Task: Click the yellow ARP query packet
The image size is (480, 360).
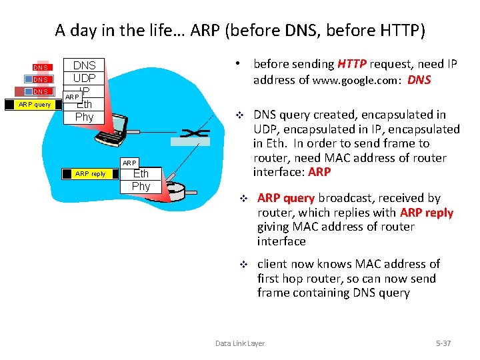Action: (x=34, y=105)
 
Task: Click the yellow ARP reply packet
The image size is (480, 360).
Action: (x=90, y=174)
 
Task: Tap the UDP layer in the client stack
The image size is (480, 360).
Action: (x=84, y=78)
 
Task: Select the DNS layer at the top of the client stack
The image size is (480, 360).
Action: (x=84, y=65)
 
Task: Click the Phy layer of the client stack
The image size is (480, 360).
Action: (x=84, y=117)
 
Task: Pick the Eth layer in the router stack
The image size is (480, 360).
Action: (x=141, y=174)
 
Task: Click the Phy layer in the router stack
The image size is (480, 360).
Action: (x=141, y=186)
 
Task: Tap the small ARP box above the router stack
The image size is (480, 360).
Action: (x=129, y=163)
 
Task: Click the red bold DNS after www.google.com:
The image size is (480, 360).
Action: (x=419, y=80)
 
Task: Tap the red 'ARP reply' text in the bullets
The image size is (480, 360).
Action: (x=426, y=213)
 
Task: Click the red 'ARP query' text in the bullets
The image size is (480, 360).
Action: (x=286, y=198)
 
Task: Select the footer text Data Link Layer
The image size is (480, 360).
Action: (x=239, y=343)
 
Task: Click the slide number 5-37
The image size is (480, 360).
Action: (x=443, y=343)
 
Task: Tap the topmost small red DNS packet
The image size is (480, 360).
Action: (x=41, y=67)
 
